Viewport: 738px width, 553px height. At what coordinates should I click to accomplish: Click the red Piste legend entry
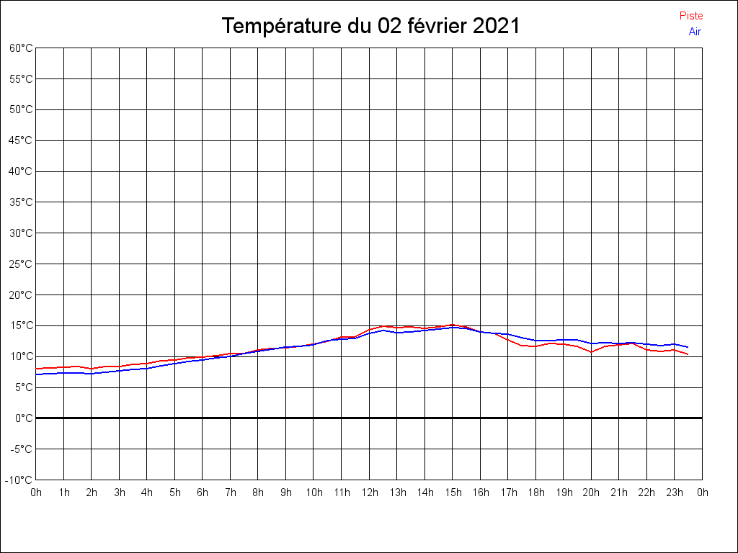691,16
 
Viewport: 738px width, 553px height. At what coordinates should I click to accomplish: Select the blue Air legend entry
695,31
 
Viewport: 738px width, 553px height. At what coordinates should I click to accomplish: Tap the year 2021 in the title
497,27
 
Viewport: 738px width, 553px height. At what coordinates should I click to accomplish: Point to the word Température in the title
278,27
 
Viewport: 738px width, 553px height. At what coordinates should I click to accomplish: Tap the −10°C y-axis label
19,480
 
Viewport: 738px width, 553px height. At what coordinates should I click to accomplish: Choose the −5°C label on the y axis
22,449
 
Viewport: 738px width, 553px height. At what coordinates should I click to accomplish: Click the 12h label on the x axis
369,493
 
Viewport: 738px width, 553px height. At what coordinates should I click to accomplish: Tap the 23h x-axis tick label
675,493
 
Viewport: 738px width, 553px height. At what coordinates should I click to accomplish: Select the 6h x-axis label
203,493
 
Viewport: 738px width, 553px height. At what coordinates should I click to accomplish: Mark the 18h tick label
535,493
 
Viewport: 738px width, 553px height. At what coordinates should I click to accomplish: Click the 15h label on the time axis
453,493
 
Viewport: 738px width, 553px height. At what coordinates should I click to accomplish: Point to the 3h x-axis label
120,493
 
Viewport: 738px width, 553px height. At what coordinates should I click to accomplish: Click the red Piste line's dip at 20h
591,352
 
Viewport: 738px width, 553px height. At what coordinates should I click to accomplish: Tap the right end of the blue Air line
688,347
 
